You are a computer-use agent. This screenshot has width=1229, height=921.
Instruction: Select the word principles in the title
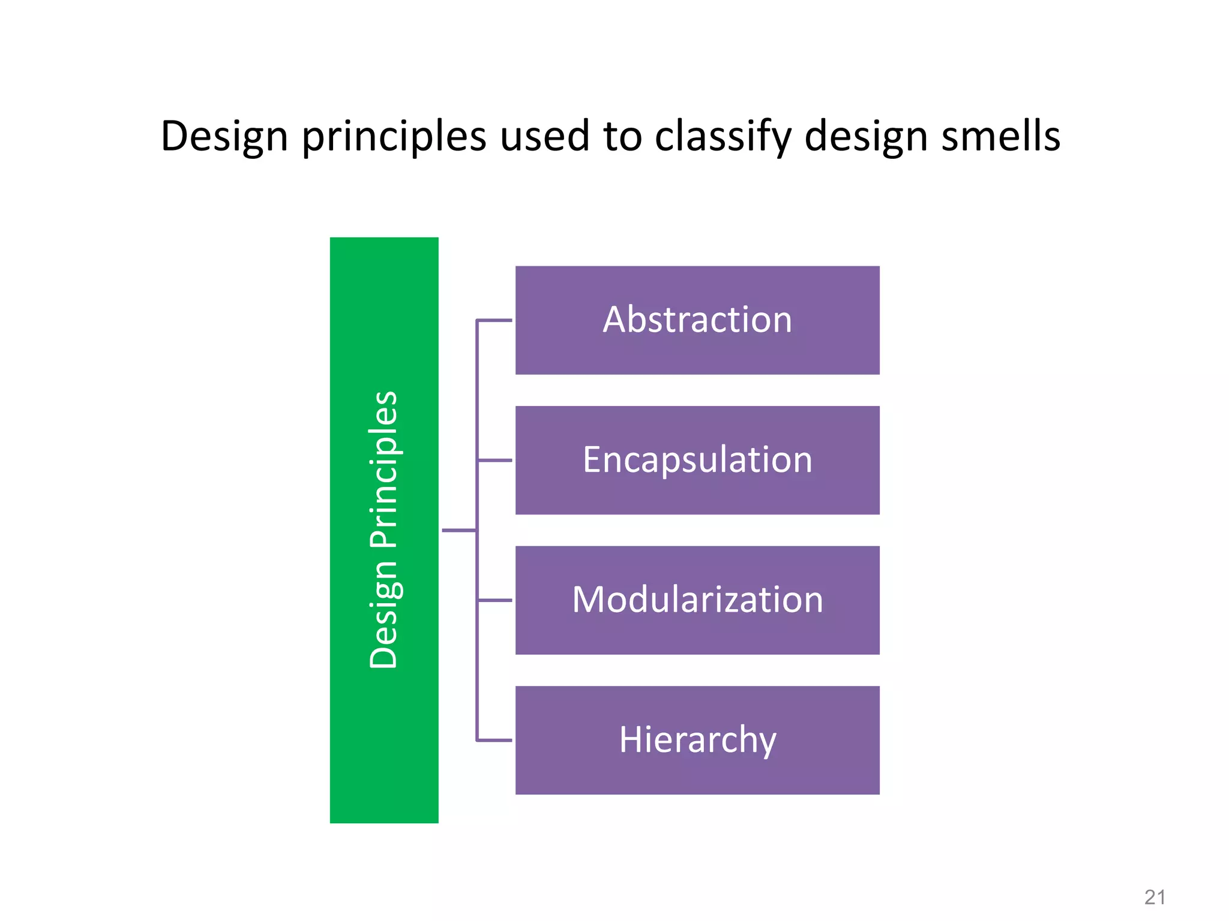394,137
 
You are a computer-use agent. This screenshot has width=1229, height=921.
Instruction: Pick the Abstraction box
697,320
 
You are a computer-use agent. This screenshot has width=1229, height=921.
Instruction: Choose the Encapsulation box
697,460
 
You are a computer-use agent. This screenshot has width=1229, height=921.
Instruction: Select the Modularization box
697,600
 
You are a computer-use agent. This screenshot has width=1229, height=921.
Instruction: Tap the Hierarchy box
697,740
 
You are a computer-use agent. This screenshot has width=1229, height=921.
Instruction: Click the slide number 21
1155,897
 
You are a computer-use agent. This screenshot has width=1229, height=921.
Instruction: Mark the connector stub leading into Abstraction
494,320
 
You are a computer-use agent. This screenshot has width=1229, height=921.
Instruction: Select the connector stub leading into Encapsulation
494,460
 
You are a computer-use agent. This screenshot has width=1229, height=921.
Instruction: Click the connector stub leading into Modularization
494,600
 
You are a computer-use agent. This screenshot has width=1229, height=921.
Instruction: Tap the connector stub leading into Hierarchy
494,741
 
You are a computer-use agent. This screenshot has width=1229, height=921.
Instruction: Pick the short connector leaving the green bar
459,530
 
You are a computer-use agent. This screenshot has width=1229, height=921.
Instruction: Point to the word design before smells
865,137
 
